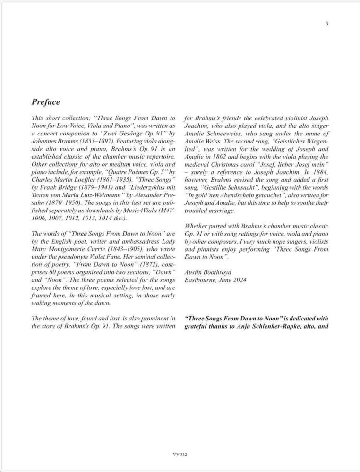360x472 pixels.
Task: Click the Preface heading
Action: click(46, 101)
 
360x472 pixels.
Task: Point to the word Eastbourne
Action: click(202, 280)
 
